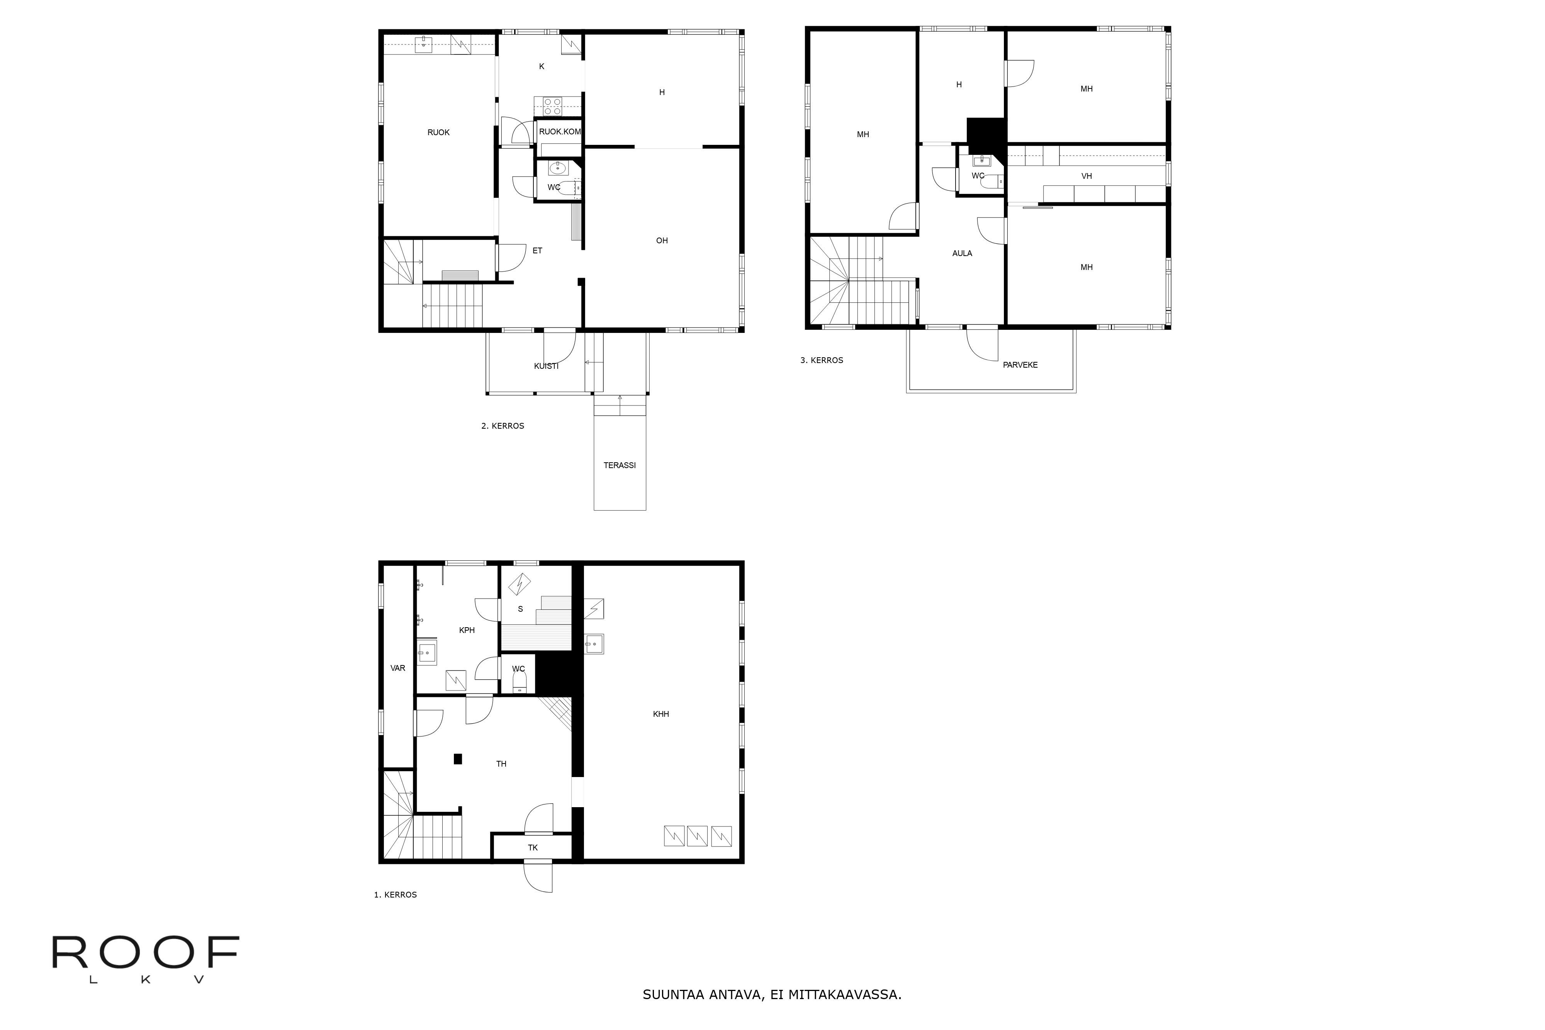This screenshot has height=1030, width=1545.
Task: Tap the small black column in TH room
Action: pyautogui.click(x=458, y=759)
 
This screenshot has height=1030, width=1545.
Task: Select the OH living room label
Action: pyautogui.click(x=662, y=241)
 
